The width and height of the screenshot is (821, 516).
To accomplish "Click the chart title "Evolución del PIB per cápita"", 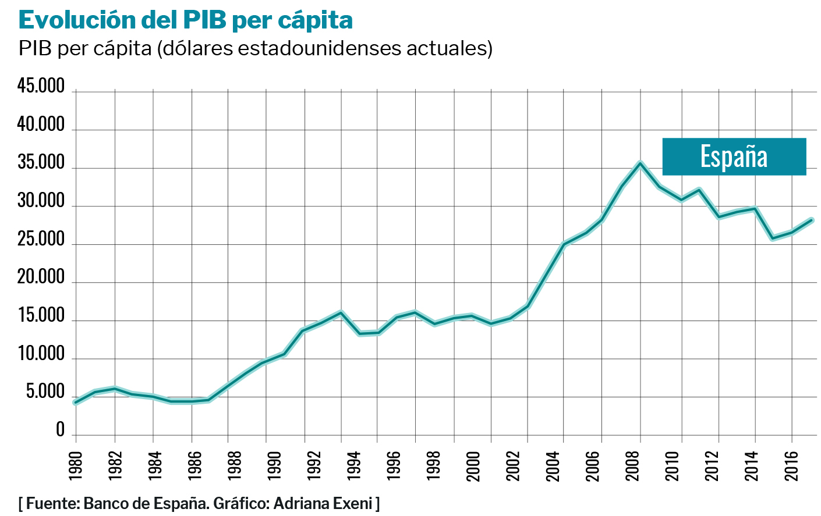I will pos(186,20).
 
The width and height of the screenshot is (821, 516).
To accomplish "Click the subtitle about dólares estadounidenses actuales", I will pos(255,48).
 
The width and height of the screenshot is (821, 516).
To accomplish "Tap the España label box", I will pos(734,156).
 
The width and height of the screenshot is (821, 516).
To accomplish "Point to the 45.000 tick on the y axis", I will pos(41,86).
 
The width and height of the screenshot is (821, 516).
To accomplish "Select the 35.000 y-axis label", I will pos(41,163).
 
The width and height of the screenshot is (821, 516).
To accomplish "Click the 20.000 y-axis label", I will pos(41,277).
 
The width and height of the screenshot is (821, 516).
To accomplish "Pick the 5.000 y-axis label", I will pos(45,392).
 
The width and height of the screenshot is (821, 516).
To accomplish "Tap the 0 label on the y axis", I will pos(60,430).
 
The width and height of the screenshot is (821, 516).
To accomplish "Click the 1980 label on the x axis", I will pos(76,466).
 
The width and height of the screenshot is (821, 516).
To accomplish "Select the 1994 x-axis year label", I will pos(353,466).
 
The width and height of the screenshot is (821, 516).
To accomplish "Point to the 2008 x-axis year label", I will pos(633,466).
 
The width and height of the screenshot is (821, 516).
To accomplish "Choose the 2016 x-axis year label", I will pos(791,466).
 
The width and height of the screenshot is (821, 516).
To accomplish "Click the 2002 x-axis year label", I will pos(513,466).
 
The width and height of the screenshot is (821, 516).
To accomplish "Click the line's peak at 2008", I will pos(640,163).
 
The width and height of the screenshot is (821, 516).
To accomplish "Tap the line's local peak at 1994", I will pos(341,312).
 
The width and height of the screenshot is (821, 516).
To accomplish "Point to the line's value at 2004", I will pos(564,244).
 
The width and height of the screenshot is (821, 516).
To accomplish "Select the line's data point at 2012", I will pos(719,217).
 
